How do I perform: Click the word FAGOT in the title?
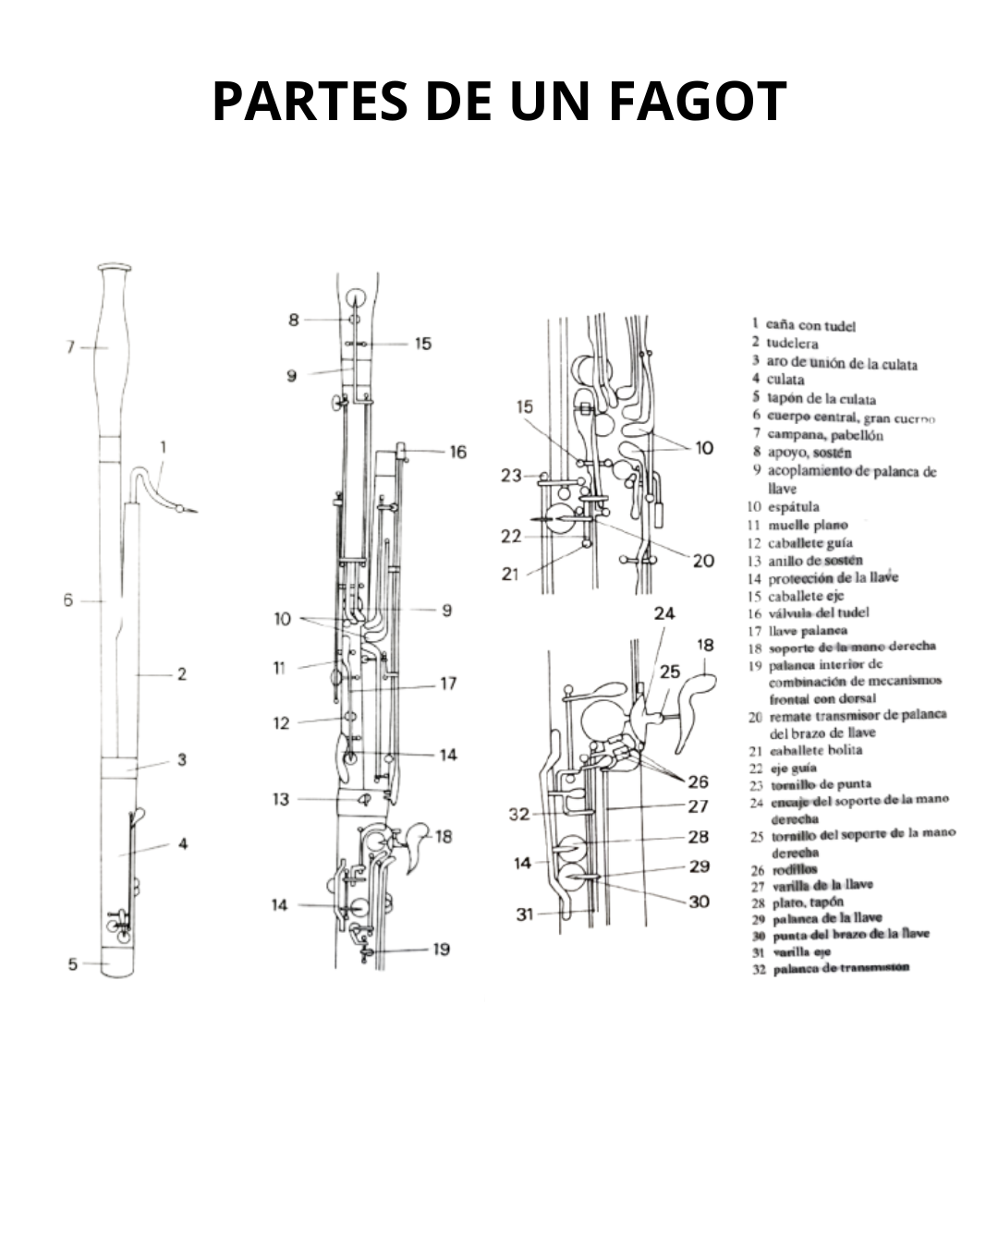(x=698, y=102)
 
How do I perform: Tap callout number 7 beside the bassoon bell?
(x=70, y=347)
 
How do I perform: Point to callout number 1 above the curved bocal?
(x=164, y=448)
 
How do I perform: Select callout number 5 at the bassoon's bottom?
(x=72, y=964)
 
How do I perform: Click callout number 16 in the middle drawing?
(x=458, y=452)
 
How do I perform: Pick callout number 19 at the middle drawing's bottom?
(x=442, y=949)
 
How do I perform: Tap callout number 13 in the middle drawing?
(x=281, y=799)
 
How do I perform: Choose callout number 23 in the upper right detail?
(x=511, y=476)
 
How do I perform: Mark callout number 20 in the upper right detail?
(x=703, y=561)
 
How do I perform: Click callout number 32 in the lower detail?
(x=519, y=815)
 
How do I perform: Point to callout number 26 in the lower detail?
(x=698, y=781)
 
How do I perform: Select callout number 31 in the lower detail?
(x=525, y=914)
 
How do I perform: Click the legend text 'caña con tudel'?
(x=810, y=325)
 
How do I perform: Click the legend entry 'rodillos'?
(x=795, y=868)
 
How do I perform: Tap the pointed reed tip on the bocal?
(x=192, y=510)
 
